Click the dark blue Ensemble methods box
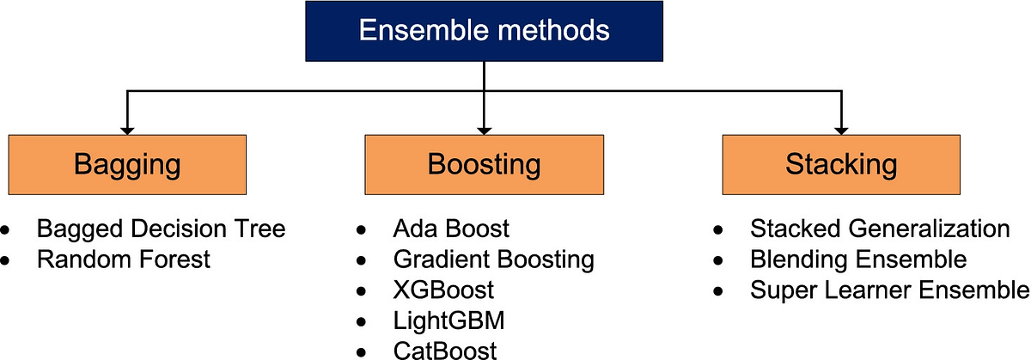(484, 31)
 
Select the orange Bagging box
(127, 164)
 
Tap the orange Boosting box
(485, 164)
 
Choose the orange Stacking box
(840, 164)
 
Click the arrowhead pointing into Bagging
(127, 129)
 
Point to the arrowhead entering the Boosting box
(485, 129)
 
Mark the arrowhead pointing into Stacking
(840, 129)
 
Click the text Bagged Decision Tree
(161, 229)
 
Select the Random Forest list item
(123, 259)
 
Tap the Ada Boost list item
(451, 229)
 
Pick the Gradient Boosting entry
(493, 259)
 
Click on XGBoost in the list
(443, 289)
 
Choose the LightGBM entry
(449, 320)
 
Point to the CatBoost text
(444, 349)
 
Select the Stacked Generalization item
(880, 229)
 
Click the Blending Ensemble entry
(858, 259)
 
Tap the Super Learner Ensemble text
(889, 290)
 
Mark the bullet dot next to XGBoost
(363, 290)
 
